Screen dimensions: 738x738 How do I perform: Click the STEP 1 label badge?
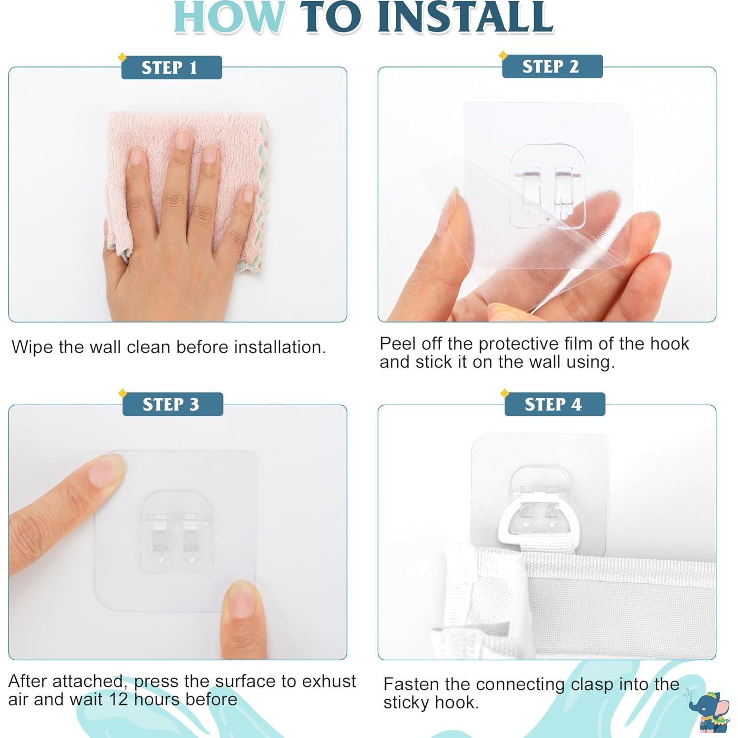pyautogui.click(x=171, y=67)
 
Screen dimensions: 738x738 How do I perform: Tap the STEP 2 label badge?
pyautogui.click(x=552, y=66)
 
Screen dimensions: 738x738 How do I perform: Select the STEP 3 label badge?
pyautogui.click(x=173, y=404)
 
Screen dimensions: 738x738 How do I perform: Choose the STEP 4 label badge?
pyautogui.click(x=555, y=404)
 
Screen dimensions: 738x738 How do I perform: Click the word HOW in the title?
pyautogui.click(x=229, y=17)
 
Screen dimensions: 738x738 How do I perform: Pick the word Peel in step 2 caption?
pyautogui.click(x=398, y=344)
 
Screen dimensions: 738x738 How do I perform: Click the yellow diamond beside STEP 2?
pyautogui.click(x=503, y=55)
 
